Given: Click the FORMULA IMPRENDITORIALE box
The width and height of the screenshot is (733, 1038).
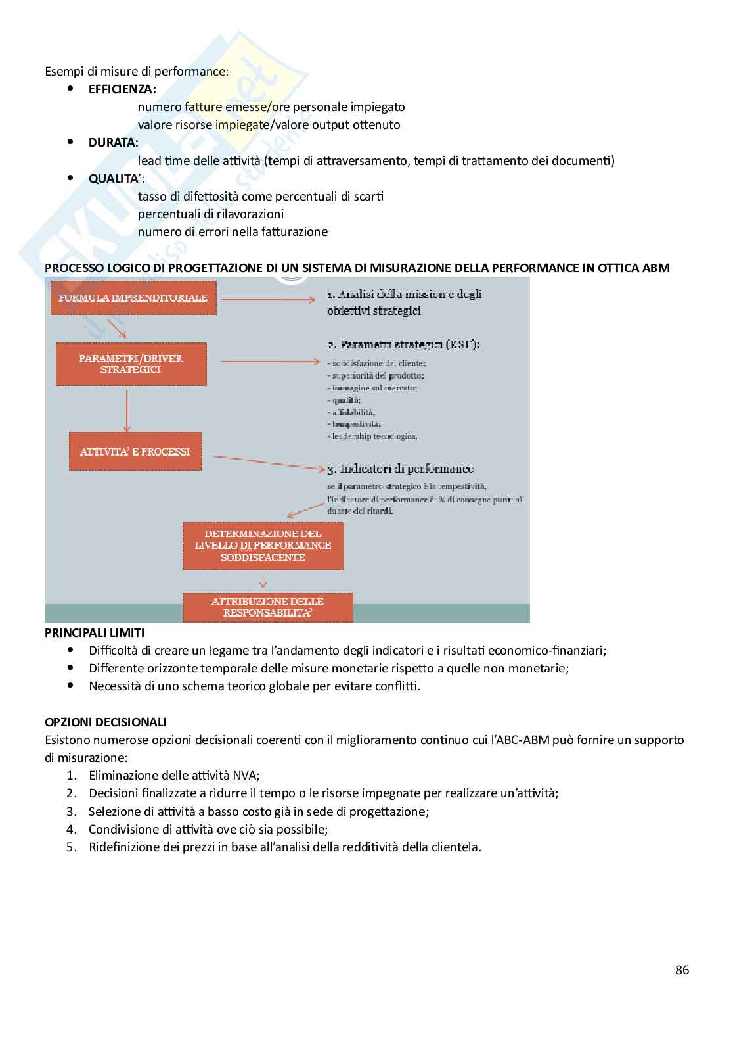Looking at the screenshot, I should tap(133, 298).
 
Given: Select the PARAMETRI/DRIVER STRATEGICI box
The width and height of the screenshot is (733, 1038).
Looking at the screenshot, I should tap(131, 364).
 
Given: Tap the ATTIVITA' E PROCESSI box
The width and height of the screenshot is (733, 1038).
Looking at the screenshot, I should tap(135, 452).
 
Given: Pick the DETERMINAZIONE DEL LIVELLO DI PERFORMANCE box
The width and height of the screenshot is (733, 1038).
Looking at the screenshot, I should tap(263, 545).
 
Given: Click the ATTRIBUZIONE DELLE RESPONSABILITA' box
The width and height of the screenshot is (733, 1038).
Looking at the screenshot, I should tap(267, 607).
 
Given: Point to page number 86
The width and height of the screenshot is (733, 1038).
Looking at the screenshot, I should tap(682, 970).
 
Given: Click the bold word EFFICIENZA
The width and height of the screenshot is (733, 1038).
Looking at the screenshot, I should tap(123, 89).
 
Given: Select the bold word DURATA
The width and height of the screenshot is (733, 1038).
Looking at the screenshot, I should tap(114, 142).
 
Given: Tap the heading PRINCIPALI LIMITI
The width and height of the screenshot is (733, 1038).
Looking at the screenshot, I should tap(95, 632).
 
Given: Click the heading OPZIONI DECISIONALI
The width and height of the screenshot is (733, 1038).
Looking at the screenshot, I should tap(105, 722).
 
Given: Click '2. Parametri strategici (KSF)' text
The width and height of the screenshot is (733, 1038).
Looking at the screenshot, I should tap(403, 344).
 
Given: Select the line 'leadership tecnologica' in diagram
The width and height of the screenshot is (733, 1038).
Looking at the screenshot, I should tap(374, 436).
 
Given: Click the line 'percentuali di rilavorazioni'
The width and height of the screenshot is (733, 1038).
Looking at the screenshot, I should tap(211, 214).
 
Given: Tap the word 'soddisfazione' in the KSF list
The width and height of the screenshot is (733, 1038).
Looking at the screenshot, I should tap(353, 364).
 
